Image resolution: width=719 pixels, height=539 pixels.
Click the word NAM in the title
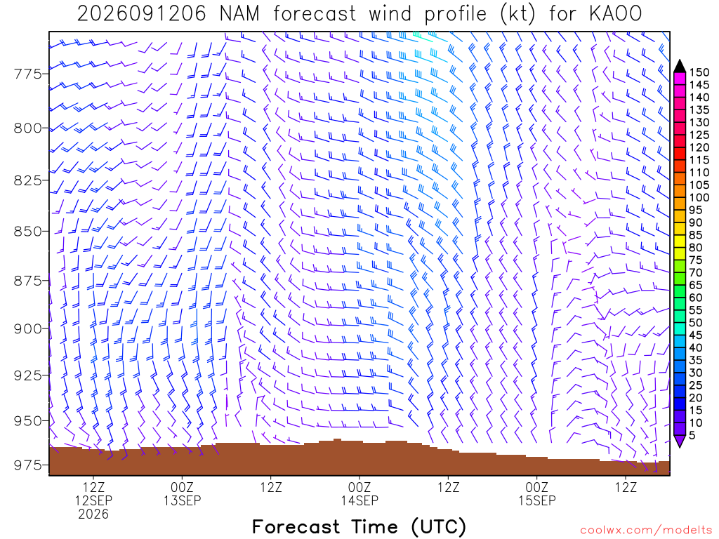point(239,14)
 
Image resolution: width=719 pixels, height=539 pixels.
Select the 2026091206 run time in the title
point(142,14)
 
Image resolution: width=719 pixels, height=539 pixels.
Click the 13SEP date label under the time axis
point(183,500)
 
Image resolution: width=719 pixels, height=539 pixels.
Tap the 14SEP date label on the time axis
point(359,500)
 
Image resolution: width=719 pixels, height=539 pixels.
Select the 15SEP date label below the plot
point(537,500)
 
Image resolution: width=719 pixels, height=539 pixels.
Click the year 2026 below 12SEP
point(93,514)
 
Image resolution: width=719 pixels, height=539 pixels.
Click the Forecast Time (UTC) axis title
point(359,526)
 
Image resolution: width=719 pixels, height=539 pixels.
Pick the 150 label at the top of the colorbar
point(699,72)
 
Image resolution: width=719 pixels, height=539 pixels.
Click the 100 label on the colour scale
point(699,197)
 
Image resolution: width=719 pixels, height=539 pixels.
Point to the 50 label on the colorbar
point(696,323)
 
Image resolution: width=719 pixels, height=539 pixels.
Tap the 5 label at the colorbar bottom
point(692,435)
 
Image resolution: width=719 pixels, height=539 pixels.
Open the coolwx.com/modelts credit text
point(646,531)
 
